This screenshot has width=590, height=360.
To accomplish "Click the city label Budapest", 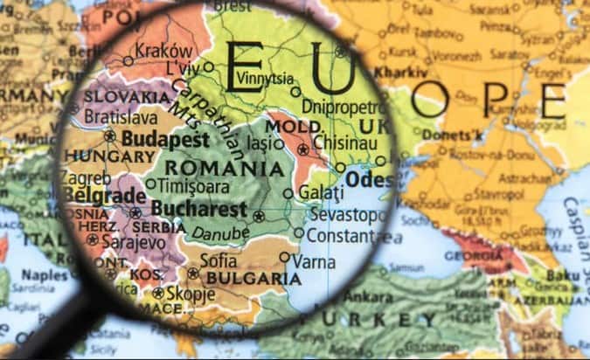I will (165, 140).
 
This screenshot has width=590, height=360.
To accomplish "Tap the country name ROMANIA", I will (224, 168).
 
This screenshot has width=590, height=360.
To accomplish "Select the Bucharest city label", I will (198, 209).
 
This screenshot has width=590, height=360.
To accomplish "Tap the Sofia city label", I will (218, 260).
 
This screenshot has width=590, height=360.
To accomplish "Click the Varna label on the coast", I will (314, 260).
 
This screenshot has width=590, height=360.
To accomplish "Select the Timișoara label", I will (193, 185).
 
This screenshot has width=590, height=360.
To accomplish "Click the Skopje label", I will (190, 293).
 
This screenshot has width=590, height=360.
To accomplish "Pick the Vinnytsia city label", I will (265, 77).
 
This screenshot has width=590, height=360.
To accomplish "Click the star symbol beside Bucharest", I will (259, 216).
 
